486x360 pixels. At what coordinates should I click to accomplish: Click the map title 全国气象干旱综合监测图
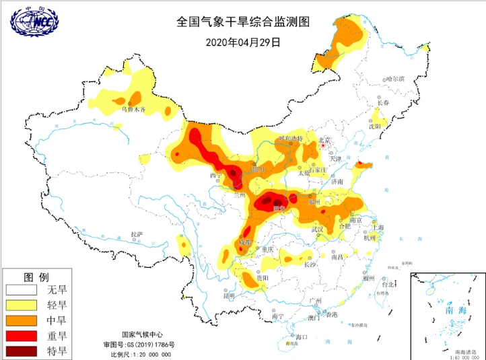242,22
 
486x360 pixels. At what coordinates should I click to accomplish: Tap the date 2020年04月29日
242,42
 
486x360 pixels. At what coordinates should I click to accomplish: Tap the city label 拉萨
137,234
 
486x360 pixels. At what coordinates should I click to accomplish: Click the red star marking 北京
324,145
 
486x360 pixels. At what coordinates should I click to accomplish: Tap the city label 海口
301,336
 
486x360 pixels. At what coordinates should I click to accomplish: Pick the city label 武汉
318,229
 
